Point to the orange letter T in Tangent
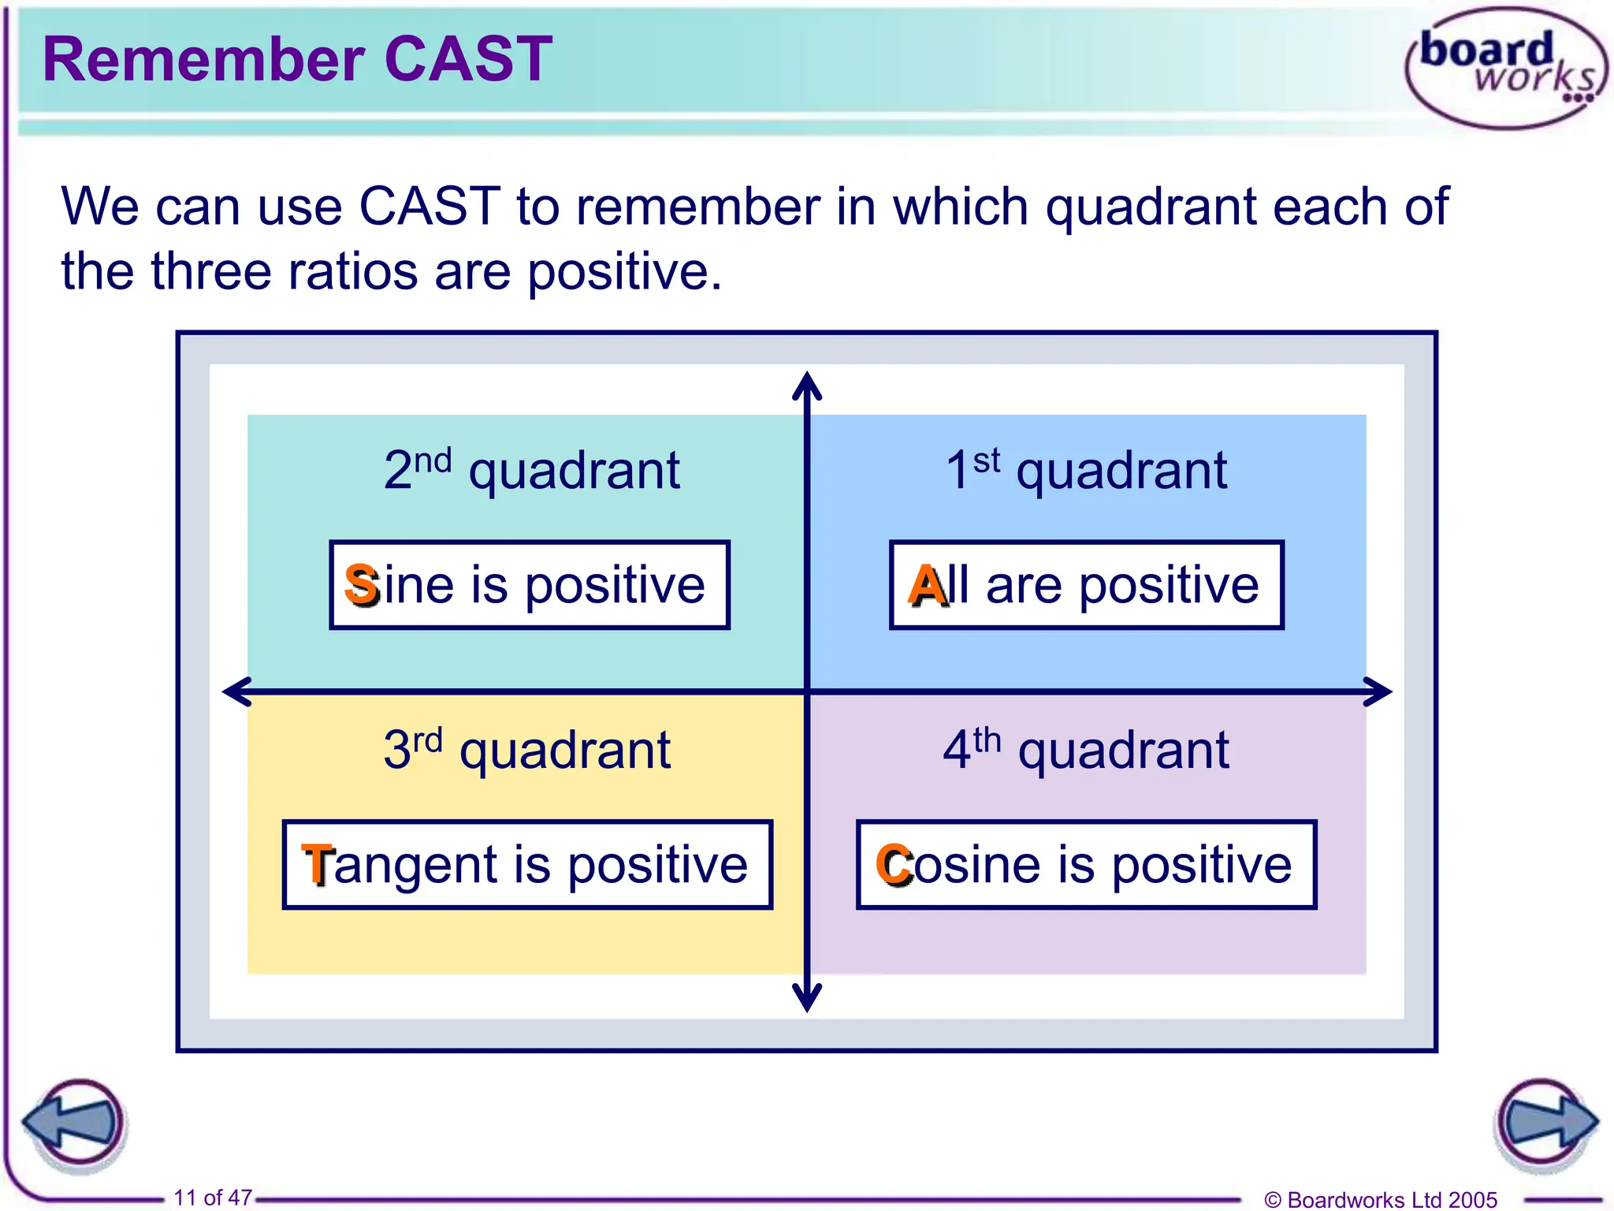[318, 864]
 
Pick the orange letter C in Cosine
[894, 864]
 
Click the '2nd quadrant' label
[531, 470]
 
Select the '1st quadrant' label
[1086, 470]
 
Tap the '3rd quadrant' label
[526, 749]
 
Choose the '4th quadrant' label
[1086, 749]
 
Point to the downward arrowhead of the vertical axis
[807, 1000]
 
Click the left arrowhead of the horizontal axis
[235, 691]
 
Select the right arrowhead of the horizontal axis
[1379, 691]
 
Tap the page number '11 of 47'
[213, 1198]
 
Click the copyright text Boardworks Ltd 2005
[1381, 1199]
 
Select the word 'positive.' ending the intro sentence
[624, 272]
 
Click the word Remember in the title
[203, 59]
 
